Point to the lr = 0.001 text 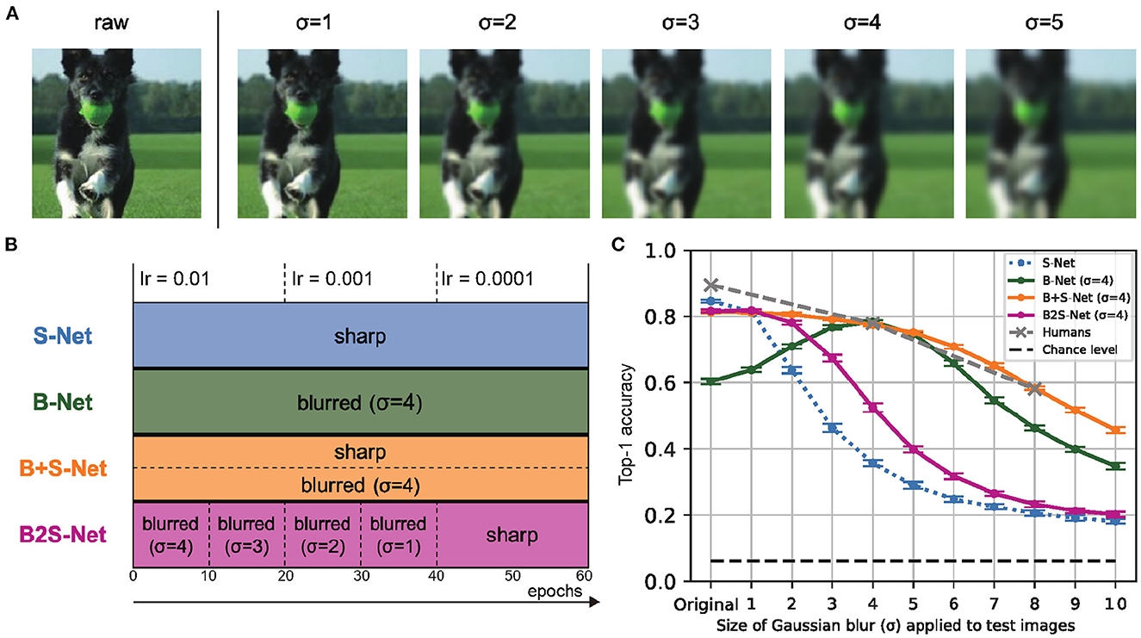click(x=328, y=279)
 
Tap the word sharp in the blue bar click(x=360, y=336)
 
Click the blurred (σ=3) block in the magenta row click(x=246, y=536)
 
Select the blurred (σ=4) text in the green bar click(x=360, y=401)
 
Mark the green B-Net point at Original click(x=711, y=381)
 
